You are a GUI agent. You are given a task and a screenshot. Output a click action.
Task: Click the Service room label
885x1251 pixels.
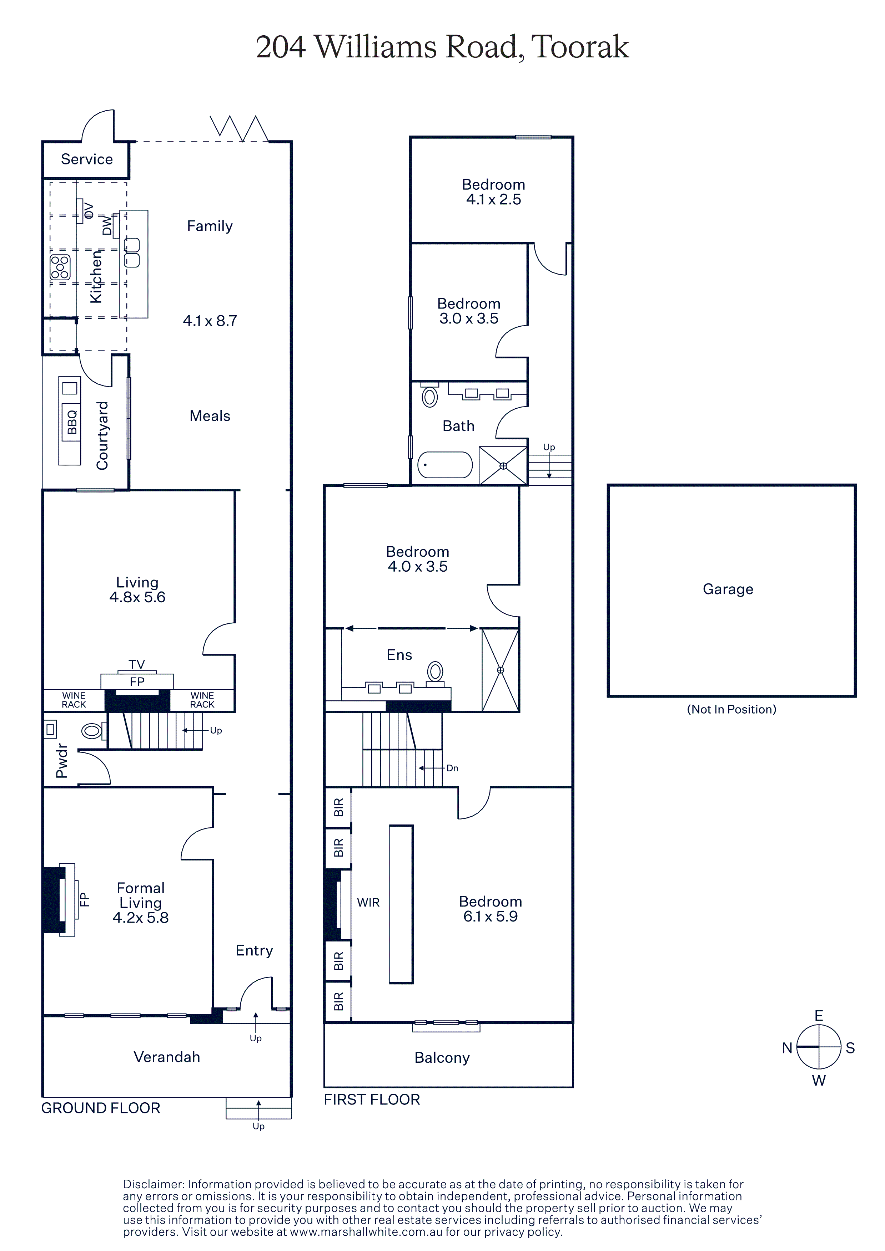87,159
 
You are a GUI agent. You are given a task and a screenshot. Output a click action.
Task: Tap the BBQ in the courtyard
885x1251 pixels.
71,422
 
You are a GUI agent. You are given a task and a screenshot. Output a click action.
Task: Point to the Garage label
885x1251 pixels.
728,589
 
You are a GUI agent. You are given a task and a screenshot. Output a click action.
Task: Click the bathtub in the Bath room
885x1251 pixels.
445,465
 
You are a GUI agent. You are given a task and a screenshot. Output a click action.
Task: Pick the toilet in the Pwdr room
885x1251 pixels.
93,730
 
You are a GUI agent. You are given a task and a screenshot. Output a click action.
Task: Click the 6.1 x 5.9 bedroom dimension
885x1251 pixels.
490,916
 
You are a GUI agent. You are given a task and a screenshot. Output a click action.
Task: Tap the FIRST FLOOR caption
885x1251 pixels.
372,1099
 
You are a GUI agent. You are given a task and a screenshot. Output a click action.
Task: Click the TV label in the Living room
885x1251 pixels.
137,664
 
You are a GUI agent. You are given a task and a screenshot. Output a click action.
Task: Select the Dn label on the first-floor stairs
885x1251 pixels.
452,768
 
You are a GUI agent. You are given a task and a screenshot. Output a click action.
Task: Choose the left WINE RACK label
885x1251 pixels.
74,700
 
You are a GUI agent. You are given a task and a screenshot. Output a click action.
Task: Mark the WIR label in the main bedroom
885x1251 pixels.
368,903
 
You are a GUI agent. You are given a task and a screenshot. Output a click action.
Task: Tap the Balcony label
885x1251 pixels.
442,1058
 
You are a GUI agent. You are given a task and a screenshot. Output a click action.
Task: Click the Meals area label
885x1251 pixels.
210,416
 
